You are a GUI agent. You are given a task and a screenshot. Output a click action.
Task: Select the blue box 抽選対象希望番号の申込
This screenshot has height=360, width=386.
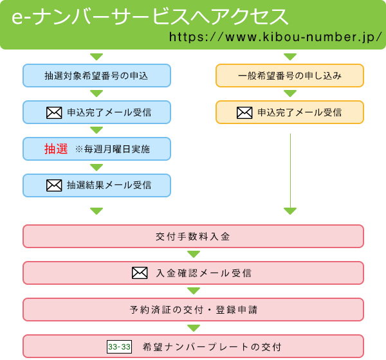click(x=96, y=76)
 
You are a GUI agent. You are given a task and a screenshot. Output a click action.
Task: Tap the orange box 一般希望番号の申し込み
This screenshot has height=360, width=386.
click(x=289, y=76)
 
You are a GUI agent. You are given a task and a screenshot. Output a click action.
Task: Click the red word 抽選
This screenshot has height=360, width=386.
click(x=56, y=149)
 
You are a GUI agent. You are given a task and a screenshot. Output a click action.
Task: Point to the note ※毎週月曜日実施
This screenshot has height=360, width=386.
click(x=113, y=149)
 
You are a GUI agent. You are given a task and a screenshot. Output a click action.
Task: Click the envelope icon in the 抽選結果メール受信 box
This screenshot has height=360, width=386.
click(x=54, y=186)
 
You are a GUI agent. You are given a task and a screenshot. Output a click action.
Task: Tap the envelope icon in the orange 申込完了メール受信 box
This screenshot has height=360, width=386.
click(x=244, y=113)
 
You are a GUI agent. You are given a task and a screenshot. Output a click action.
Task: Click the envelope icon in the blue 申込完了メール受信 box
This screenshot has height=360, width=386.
click(x=54, y=113)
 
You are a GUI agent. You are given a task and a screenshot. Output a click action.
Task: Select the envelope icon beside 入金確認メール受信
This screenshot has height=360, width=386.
click(x=140, y=273)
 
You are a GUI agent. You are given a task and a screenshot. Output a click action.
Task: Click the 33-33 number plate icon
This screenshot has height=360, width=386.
click(x=119, y=347)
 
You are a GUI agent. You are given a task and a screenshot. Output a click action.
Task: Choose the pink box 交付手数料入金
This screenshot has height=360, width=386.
click(x=193, y=237)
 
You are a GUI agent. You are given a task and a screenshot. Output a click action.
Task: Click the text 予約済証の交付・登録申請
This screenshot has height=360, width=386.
click(x=193, y=310)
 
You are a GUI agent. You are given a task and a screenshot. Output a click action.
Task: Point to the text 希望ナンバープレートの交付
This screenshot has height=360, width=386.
click(x=212, y=347)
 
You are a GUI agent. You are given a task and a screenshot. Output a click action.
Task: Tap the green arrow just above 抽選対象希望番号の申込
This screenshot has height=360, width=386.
click(x=96, y=57)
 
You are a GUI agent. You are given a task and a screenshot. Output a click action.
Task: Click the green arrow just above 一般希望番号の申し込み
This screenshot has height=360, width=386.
click(x=290, y=57)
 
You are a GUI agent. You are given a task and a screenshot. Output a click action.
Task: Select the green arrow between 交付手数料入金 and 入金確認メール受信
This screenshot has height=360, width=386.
click(x=193, y=255)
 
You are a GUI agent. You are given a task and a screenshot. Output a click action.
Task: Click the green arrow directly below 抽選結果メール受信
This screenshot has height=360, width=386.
click(x=96, y=211)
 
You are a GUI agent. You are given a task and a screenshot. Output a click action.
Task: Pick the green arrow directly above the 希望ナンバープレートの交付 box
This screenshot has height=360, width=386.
click(x=193, y=328)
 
